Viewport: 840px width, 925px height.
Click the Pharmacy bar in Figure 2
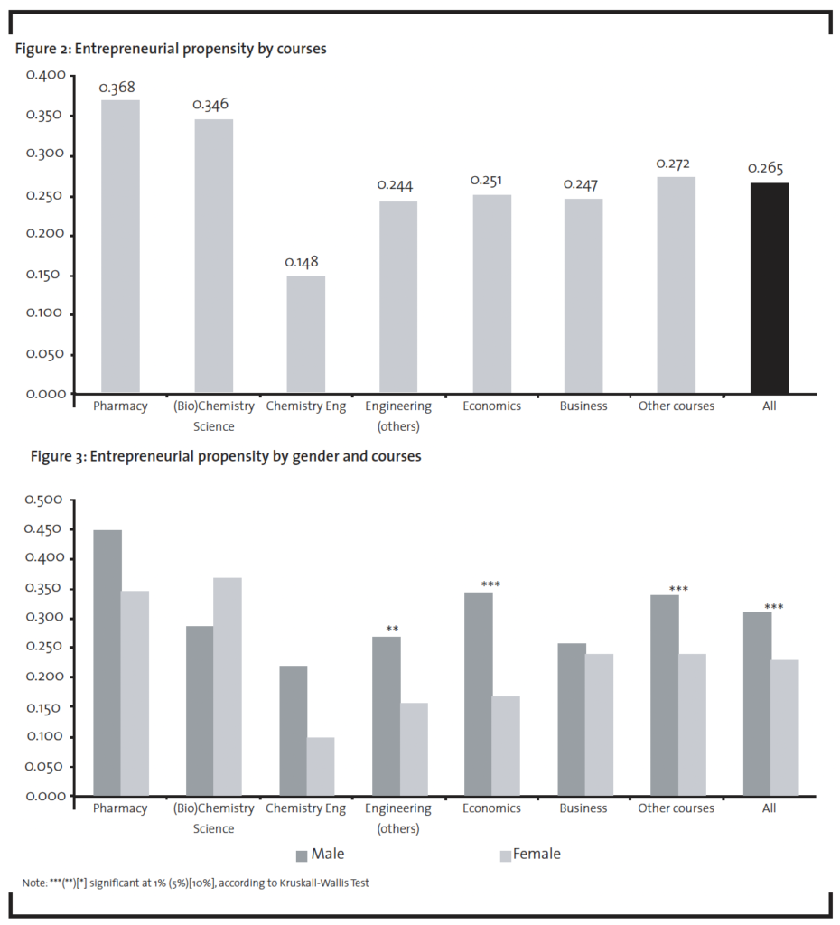(120, 246)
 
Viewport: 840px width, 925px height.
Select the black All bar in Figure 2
(770, 288)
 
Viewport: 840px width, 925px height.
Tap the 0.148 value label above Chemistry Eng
(302, 262)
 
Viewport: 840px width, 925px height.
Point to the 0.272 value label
(673, 164)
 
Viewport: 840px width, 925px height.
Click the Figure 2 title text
(171, 49)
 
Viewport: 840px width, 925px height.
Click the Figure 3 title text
(226, 456)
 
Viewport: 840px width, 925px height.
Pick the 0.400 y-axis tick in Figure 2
(45, 75)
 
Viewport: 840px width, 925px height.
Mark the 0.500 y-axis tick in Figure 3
(43, 500)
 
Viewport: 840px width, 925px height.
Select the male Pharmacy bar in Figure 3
(108, 662)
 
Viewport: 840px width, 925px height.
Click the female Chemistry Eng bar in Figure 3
(321, 766)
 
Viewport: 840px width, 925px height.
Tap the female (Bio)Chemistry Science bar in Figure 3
(228, 687)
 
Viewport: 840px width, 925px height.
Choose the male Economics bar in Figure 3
(479, 694)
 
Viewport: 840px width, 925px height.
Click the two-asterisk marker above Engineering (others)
(392, 629)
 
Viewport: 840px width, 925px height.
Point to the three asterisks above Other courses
(678, 589)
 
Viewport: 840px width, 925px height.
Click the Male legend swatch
(302, 856)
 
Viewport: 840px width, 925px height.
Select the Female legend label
(537, 854)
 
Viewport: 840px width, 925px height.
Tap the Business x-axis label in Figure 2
(583, 406)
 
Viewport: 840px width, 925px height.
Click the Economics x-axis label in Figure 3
(491, 808)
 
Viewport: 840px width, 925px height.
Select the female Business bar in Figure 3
(600, 724)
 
